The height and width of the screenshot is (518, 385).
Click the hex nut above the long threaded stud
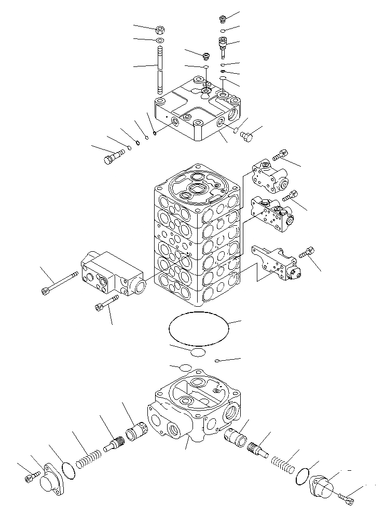[160, 30]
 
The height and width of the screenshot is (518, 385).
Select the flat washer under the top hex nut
[160, 40]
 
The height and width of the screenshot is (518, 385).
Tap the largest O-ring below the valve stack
[198, 329]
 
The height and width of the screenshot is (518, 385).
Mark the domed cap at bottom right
[323, 488]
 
